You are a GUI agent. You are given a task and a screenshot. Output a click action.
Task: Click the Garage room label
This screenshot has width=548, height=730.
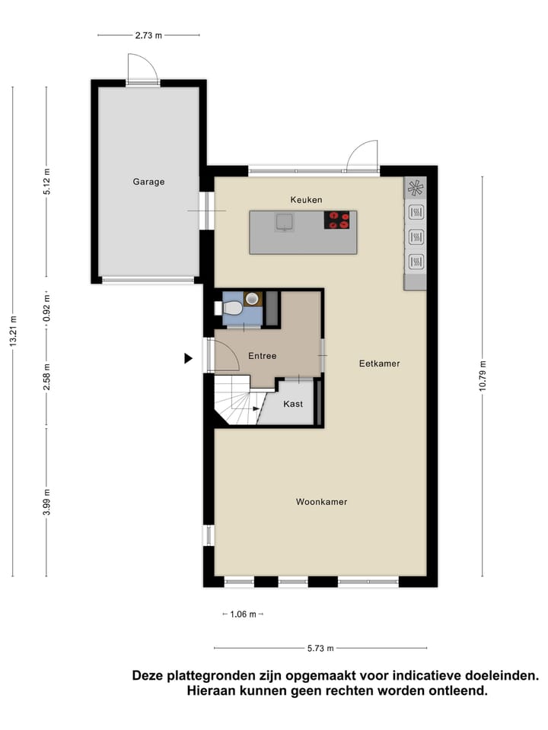pyautogui.click(x=148, y=182)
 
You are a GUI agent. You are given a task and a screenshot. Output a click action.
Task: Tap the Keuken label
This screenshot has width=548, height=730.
pyautogui.click(x=306, y=199)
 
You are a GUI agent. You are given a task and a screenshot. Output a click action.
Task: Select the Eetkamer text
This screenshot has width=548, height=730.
pyautogui.click(x=379, y=363)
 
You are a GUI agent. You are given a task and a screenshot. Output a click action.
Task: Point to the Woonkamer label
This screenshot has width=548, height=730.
pyautogui.click(x=321, y=502)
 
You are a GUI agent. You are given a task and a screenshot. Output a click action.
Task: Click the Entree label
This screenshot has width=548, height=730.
pyautogui.click(x=262, y=356)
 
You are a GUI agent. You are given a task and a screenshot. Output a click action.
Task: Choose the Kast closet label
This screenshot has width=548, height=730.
pyautogui.click(x=293, y=404)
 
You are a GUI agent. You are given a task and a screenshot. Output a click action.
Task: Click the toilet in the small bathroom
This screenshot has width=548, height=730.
pyautogui.click(x=231, y=307)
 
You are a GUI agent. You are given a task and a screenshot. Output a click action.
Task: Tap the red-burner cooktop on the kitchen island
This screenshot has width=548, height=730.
pyautogui.click(x=339, y=220)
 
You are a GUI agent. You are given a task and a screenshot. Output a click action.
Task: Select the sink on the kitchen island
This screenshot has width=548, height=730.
pyautogui.click(x=285, y=221)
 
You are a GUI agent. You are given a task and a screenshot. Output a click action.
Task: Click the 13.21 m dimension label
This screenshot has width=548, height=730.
pyautogui.click(x=13, y=331)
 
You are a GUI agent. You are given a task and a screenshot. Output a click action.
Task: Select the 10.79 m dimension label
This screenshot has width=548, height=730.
pyautogui.click(x=483, y=375)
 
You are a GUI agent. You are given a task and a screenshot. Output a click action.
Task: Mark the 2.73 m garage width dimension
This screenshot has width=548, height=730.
pyautogui.click(x=148, y=35)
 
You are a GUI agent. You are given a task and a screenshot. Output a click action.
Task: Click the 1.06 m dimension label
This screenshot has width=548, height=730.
pyautogui.click(x=242, y=614)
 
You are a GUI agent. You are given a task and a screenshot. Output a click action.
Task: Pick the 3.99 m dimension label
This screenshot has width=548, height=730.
pyautogui.click(x=46, y=503)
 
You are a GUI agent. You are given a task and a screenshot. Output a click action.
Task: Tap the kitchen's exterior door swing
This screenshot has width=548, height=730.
pyautogui.click(x=362, y=157)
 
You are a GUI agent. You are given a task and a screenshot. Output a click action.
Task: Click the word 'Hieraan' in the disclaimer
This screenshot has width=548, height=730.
pyautogui.click(x=215, y=691)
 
